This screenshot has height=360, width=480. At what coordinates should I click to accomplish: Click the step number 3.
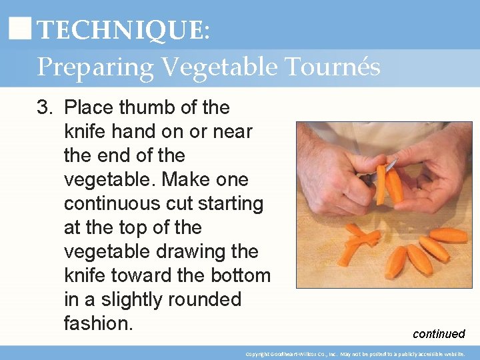[44, 107]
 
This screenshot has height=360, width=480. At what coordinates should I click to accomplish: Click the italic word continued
[439, 334]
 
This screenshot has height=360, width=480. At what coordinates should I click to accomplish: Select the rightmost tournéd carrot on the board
[449, 235]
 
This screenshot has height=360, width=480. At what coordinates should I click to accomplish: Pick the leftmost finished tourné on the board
[396, 261]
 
